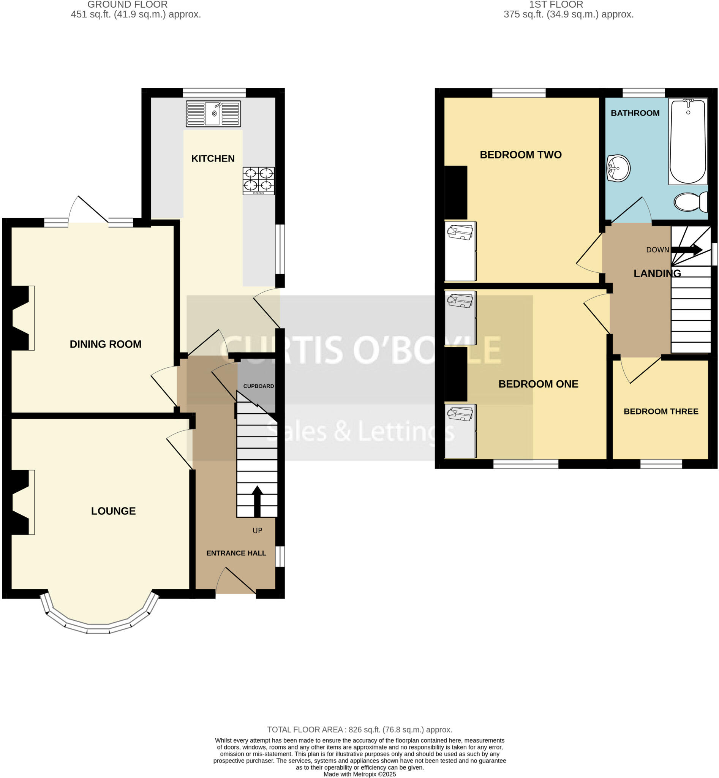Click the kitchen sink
click(213, 114)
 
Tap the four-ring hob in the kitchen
click(259, 180)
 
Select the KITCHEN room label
click(213, 158)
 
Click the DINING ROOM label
click(106, 344)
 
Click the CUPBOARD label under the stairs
click(258, 386)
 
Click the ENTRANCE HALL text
click(236, 553)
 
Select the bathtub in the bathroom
click(687, 141)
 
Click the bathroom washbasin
click(618, 168)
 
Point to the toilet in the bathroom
click(691, 202)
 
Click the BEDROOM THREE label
click(661, 411)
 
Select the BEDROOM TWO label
click(521, 155)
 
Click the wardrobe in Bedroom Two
click(461, 251)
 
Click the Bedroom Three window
click(661, 464)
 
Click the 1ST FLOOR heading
click(556, 5)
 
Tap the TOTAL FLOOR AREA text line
click(359, 730)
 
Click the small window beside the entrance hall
click(280, 557)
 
